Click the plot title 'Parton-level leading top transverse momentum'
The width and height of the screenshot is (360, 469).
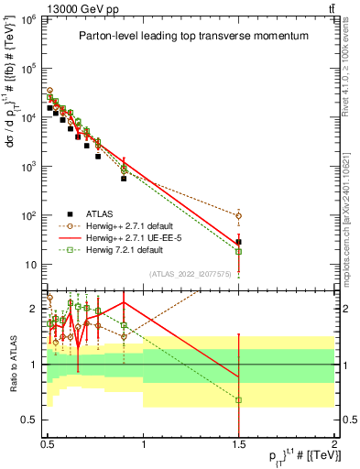[x=190, y=36]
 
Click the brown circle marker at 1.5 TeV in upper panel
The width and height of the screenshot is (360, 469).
[x=238, y=216]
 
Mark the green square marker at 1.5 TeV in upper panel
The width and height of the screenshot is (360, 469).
[x=238, y=251]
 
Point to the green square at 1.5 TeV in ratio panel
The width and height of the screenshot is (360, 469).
[x=238, y=400]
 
